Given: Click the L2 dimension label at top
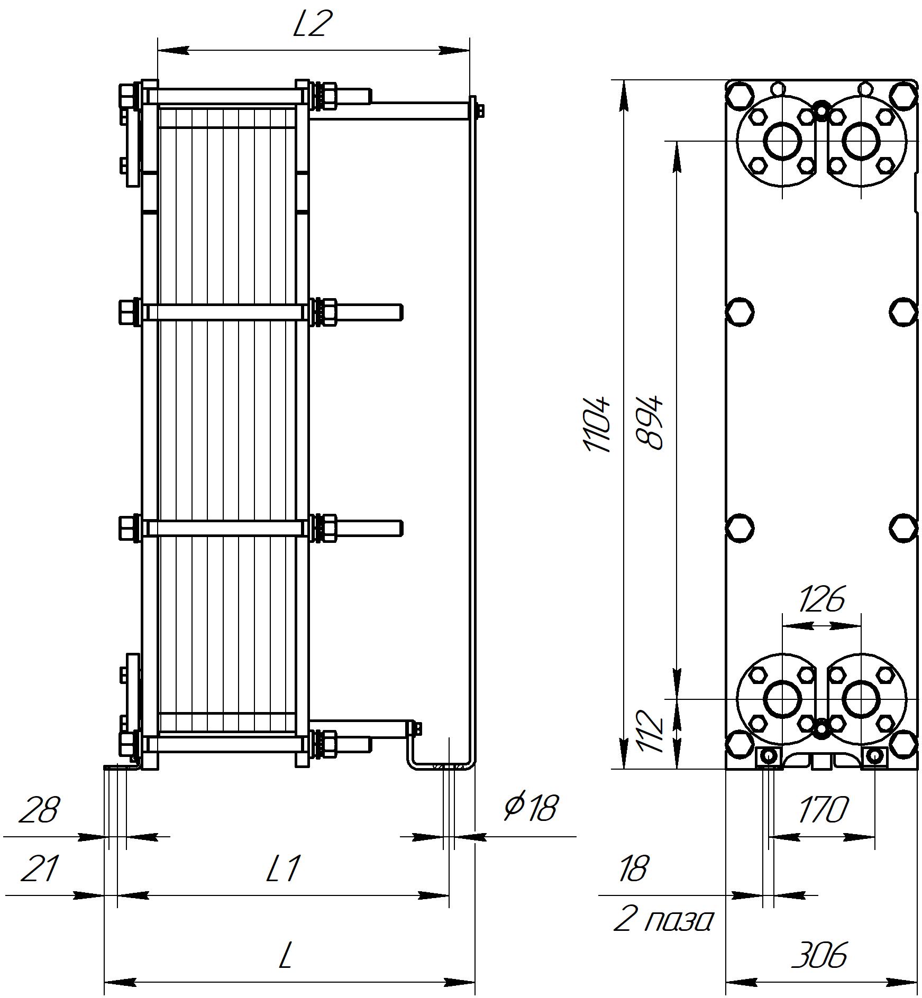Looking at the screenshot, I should [313, 25].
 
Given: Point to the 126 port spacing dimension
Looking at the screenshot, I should [821, 599].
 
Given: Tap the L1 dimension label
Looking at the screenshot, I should [283, 869].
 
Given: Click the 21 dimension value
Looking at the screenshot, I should [39, 869].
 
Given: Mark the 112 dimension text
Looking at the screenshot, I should [650, 731].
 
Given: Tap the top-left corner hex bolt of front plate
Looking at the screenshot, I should [740, 95].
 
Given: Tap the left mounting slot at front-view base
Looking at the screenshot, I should [768, 757].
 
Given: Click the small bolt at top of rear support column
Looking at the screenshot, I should [480, 110].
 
